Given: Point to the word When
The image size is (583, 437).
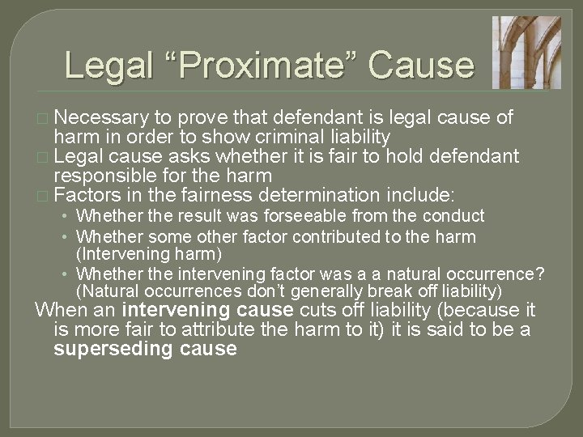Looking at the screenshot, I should pyautogui.click(x=61, y=310).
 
